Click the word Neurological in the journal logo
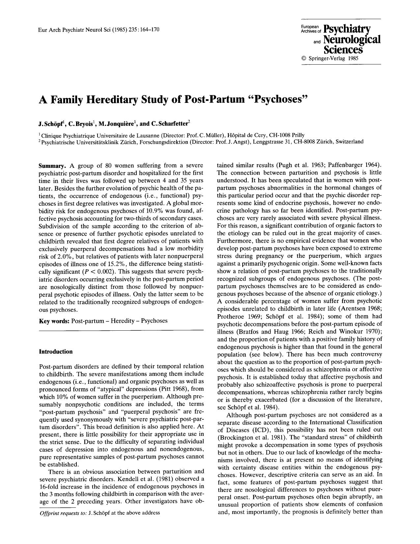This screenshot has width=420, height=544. (x=351, y=40)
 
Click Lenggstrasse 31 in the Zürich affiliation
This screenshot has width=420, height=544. (x=271, y=142)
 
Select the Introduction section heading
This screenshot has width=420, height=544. (x=56, y=351)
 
